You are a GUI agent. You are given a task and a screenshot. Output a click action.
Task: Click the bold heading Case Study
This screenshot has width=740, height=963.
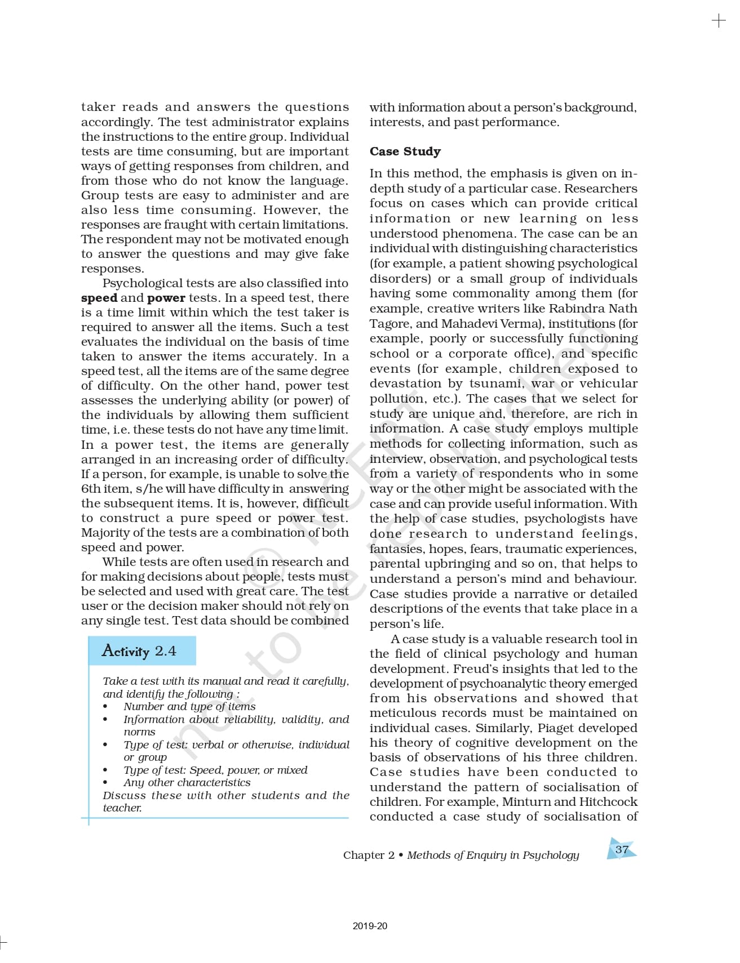[405, 151]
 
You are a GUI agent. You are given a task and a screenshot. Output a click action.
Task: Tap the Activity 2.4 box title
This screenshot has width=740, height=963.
[139, 651]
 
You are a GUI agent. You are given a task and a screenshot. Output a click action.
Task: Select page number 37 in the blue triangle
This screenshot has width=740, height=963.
[621, 850]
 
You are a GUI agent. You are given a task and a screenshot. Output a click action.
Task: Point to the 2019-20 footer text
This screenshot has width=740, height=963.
[370, 926]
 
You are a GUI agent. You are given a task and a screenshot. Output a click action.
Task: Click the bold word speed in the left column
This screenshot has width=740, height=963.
[99, 298]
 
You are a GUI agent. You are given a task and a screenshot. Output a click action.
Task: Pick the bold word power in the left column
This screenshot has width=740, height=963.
[166, 298]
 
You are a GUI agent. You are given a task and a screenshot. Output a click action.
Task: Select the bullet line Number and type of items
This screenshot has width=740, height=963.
[189, 706]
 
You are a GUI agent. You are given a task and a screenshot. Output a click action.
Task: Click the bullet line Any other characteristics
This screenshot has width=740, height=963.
[187, 782]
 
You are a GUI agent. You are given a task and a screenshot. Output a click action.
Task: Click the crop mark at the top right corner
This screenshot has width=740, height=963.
[719, 21]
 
